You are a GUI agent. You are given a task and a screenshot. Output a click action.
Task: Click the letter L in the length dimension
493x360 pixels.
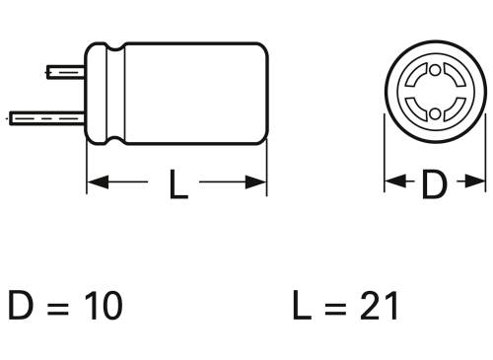[x=177, y=183]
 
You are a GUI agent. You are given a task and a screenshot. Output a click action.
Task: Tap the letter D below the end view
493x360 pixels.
[x=434, y=183]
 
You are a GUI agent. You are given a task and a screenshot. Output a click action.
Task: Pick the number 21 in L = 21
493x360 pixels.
[x=379, y=306]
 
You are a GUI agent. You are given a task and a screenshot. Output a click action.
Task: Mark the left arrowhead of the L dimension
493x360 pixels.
[x=96, y=182]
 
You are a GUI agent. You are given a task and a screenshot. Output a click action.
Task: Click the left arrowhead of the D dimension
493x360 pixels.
[x=390, y=182]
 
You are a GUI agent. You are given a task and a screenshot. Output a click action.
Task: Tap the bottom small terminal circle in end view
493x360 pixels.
[x=434, y=116]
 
